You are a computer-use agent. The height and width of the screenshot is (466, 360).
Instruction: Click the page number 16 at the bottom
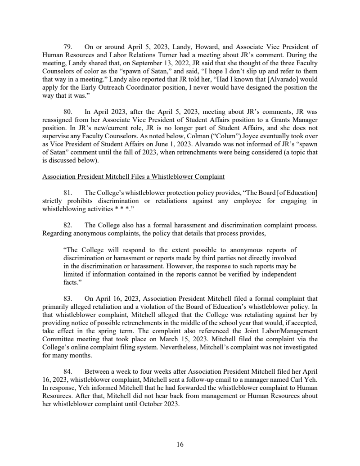180,445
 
